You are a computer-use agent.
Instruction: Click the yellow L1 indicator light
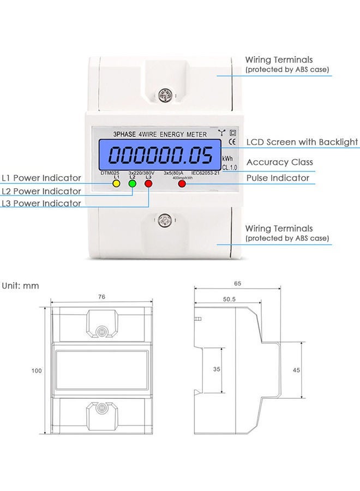[116, 184]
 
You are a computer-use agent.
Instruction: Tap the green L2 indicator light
[133, 184]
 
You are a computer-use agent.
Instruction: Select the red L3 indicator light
[148, 184]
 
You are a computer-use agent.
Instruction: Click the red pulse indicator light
[182, 184]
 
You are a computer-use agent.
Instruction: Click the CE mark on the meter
[231, 143]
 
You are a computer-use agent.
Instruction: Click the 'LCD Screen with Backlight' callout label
[302, 142]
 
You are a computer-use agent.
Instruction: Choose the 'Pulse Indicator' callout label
[278, 178]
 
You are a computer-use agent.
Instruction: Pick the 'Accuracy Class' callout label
[279, 162]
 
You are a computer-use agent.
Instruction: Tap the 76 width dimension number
[102, 297]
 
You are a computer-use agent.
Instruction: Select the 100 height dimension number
[37, 370]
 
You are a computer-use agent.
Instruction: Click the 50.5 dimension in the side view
[229, 299]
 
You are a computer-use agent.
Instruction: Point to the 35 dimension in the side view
[217, 369]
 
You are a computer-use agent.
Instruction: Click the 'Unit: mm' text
[20, 285]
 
